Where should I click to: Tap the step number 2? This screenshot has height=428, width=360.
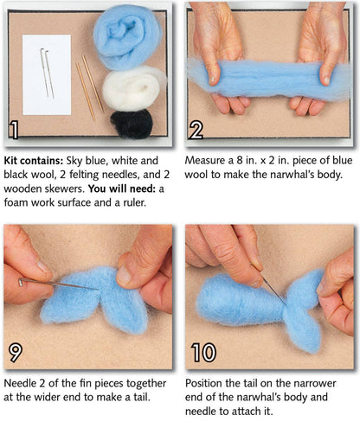coord(196,131)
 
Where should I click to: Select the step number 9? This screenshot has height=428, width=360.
coord(16,352)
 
